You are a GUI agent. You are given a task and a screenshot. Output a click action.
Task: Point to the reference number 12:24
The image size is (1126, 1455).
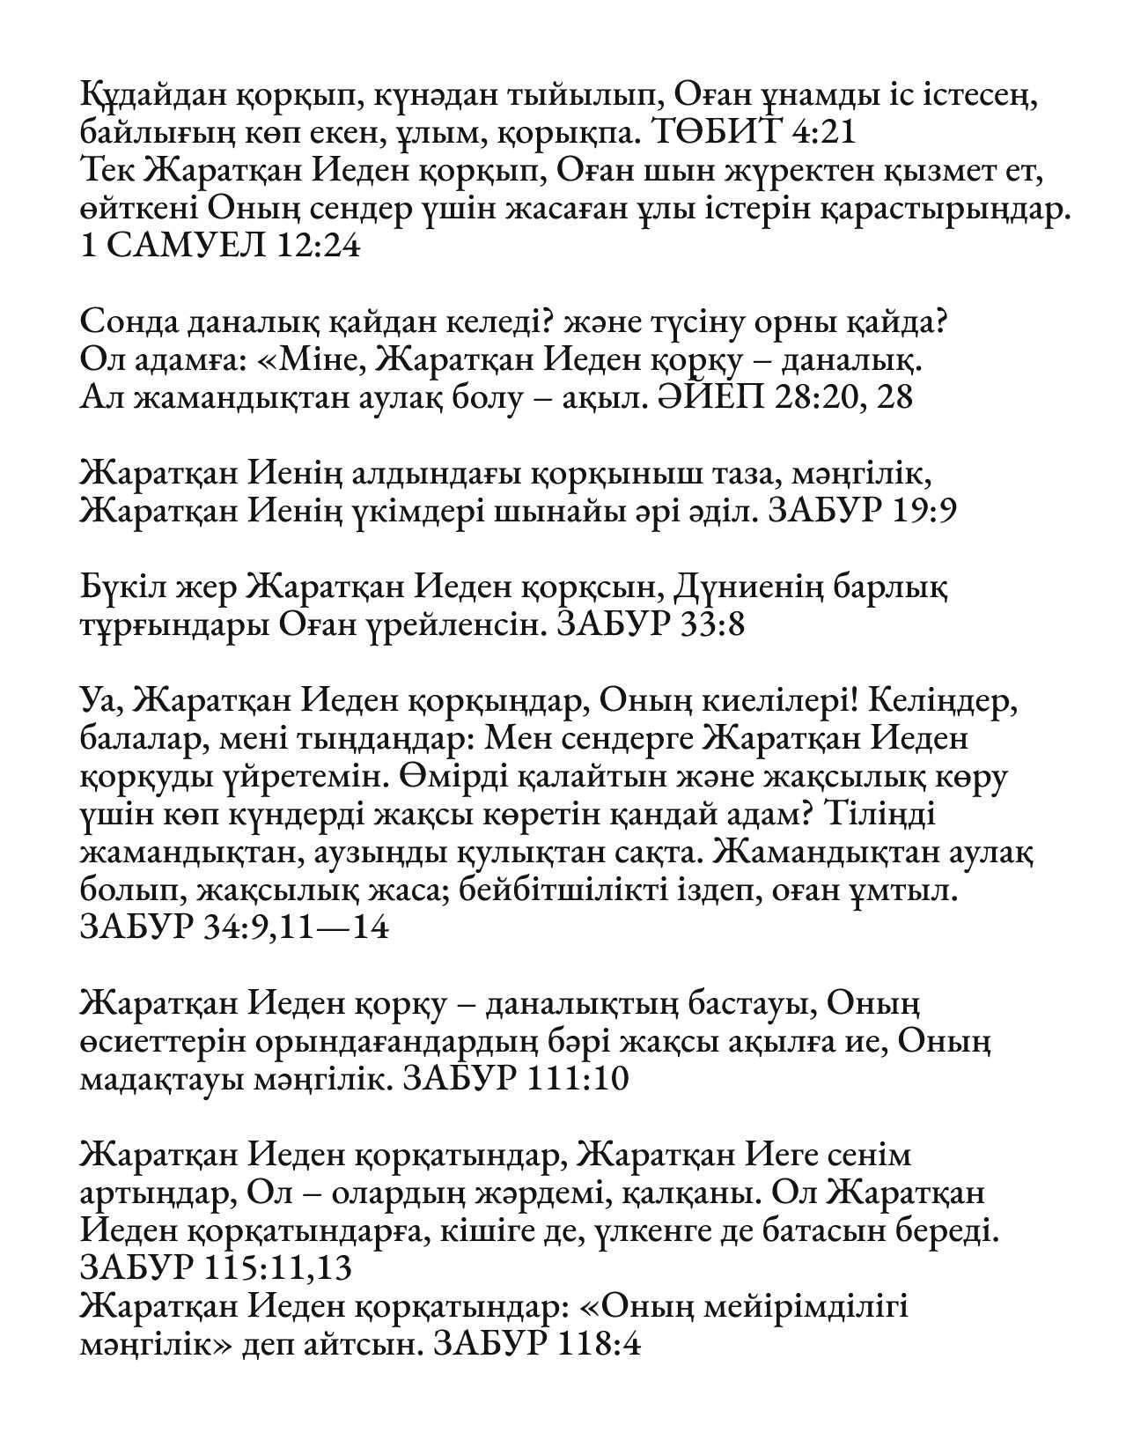click(x=318, y=247)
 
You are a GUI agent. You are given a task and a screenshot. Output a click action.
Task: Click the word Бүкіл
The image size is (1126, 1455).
click(x=121, y=587)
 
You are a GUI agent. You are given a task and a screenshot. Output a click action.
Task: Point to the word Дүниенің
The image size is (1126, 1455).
click(x=764, y=587)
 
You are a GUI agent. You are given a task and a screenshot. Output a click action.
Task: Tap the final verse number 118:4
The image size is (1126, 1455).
click(x=598, y=1345)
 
